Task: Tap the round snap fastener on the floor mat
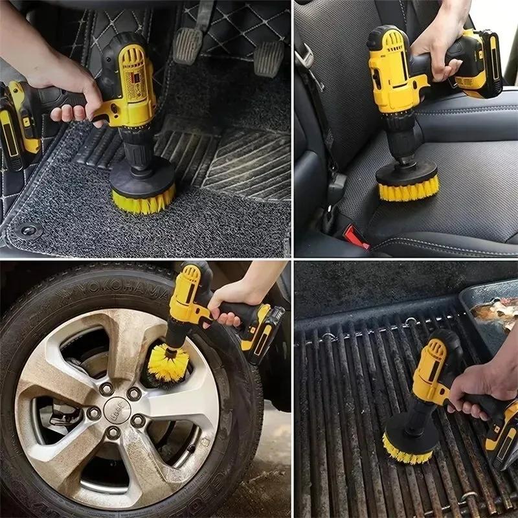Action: point(27,230)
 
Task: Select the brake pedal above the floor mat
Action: point(188,45)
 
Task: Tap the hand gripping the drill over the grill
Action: point(479,385)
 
